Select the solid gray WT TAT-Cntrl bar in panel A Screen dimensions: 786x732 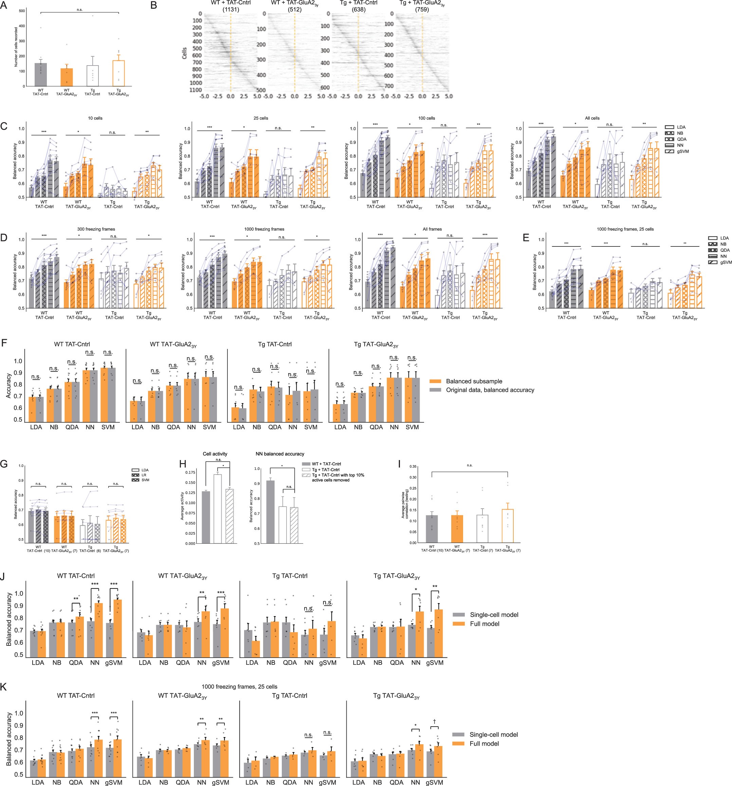[41, 74]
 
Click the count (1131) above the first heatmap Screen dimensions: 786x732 [231, 9]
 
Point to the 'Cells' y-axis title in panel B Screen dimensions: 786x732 [184, 53]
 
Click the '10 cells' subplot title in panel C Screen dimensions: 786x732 [95, 118]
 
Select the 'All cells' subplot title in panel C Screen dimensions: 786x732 [592, 118]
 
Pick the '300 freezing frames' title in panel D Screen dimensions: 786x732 [96, 229]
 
